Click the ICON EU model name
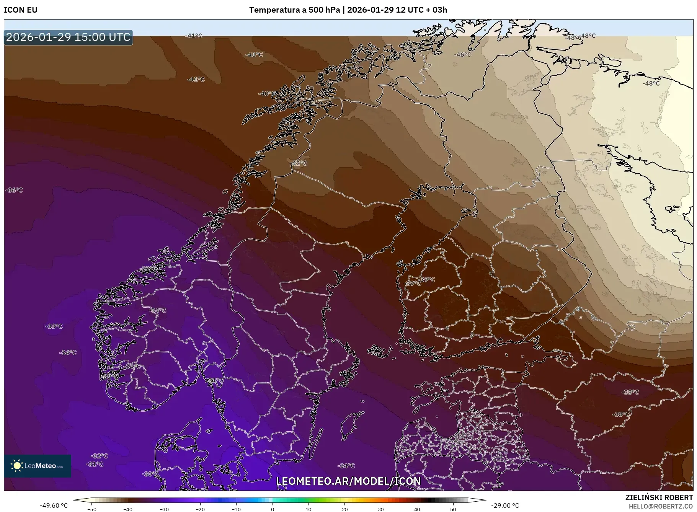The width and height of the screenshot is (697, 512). (21, 10)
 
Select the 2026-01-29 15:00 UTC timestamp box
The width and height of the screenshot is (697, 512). (68, 37)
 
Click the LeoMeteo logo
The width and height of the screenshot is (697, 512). (38, 466)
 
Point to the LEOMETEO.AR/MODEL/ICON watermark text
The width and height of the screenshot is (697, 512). (348, 481)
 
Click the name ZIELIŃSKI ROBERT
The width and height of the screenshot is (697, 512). (659, 497)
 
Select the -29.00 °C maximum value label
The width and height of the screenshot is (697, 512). (505, 505)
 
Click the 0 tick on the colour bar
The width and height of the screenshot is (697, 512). (273, 509)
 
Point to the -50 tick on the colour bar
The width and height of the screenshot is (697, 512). (91, 509)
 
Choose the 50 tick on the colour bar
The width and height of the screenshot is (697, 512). (453, 509)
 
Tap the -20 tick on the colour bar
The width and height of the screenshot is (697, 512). (200, 509)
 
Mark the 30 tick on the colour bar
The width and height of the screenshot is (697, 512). (381, 509)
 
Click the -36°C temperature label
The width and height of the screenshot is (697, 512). (15, 190)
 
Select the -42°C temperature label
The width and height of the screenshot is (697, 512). (299, 163)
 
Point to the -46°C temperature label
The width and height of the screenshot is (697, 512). (462, 55)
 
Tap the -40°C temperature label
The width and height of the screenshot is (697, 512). (266, 93)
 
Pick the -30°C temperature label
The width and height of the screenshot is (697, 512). (150, 474)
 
